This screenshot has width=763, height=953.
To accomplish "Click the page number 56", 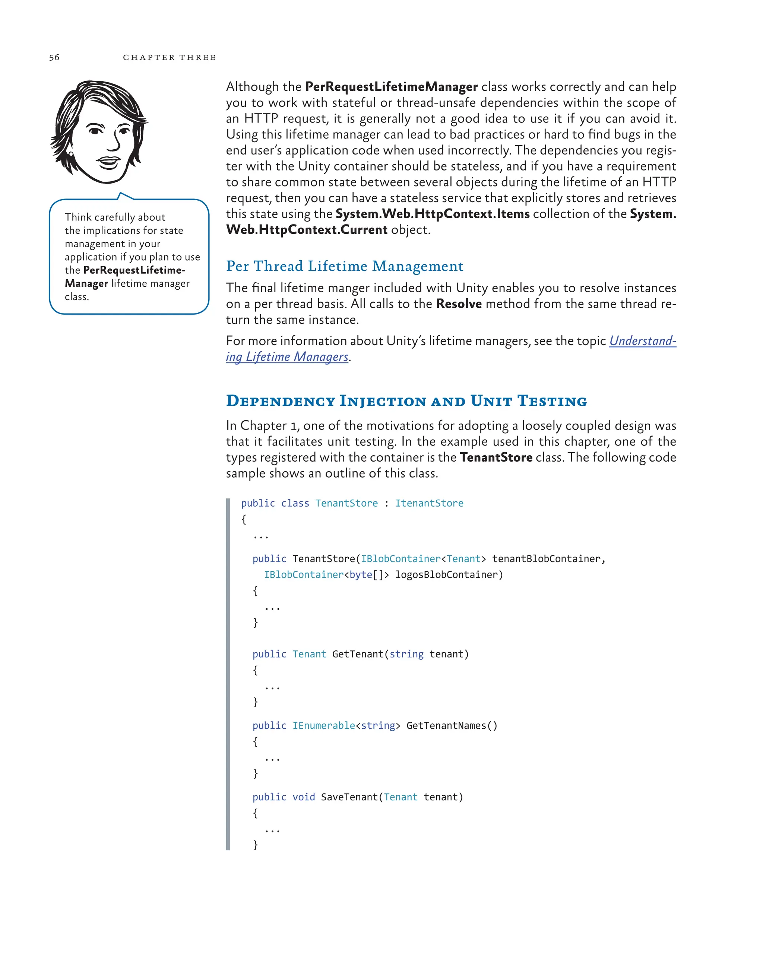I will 54,57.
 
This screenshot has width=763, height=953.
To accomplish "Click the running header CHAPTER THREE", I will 170,57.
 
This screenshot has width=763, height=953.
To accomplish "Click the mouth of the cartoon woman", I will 108,162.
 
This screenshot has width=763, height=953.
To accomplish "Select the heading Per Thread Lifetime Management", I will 345,266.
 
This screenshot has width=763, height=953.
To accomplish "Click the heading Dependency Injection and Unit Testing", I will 406,401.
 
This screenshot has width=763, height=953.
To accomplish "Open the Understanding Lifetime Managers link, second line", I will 287,357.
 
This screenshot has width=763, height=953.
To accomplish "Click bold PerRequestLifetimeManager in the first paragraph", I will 391,87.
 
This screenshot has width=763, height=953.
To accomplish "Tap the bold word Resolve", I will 458,304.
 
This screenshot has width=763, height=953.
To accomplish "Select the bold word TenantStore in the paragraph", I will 496,457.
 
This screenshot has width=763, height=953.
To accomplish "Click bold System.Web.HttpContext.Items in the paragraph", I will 432,214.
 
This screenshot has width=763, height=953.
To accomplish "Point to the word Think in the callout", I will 78,217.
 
